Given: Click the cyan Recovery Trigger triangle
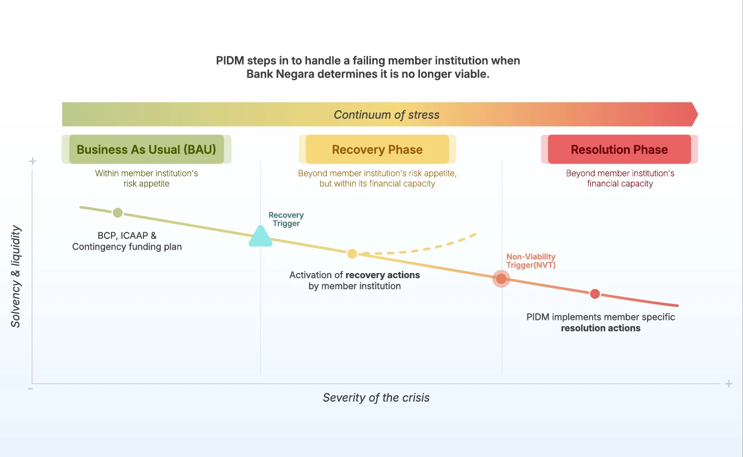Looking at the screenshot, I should coord(261,237).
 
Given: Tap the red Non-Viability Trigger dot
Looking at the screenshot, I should coord(501,279).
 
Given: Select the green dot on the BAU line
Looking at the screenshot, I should coord(118,213).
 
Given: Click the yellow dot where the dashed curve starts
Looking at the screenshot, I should coord(352,254).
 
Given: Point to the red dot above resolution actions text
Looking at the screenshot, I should coord(595,294).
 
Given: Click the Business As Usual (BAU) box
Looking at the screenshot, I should coord(146,150).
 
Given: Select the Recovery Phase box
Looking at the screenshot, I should coord(377,150).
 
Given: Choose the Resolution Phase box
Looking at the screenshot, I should coord(619,150).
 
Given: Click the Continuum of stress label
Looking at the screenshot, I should coord(386,115).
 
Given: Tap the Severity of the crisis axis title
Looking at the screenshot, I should coord(376,398).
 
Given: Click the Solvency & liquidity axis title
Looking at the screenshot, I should coord(16,276).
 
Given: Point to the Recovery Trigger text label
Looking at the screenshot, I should coord(286,219).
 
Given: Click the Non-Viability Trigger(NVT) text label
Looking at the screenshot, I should coord(531,261).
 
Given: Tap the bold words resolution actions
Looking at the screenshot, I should coord(601,328).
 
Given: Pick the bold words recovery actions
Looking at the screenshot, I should coord(383,275).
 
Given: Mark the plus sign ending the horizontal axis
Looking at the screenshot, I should coord(729,384).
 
